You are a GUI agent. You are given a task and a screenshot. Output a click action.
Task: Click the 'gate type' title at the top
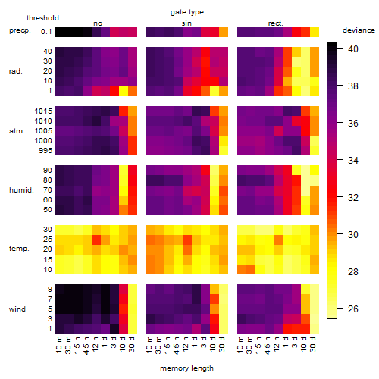point(187,12)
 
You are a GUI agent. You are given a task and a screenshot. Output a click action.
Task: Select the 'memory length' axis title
point(186,368)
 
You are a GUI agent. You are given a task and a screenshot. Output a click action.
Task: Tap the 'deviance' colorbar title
point(359,30)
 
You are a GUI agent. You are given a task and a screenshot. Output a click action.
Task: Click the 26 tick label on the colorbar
point(353,309)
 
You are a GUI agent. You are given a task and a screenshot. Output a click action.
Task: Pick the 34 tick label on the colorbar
point(353,160)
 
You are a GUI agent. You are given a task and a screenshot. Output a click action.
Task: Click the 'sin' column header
point(186,23)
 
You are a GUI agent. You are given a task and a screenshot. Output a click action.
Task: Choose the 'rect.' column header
point(275,23)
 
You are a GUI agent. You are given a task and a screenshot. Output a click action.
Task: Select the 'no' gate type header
point(98,23)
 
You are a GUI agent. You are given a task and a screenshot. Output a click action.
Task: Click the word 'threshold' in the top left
point(42,18)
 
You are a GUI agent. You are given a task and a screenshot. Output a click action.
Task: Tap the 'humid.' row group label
point(21,190)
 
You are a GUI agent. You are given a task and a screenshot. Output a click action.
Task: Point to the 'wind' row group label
point(17,309)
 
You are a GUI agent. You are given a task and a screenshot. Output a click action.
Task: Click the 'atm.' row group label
point(17,131)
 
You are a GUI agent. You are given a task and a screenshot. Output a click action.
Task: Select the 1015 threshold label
point(43,111)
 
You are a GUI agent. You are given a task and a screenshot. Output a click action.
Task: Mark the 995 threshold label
point(45,151)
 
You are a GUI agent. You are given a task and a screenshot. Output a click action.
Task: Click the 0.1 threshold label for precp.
point(46,32)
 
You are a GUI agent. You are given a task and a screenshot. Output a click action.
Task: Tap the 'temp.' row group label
point(19,249)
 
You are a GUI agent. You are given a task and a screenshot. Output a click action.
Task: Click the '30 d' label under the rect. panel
point(313,344)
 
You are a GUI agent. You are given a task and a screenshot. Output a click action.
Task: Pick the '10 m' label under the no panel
point(59,344)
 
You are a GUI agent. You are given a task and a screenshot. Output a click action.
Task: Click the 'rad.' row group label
point(16,71)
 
